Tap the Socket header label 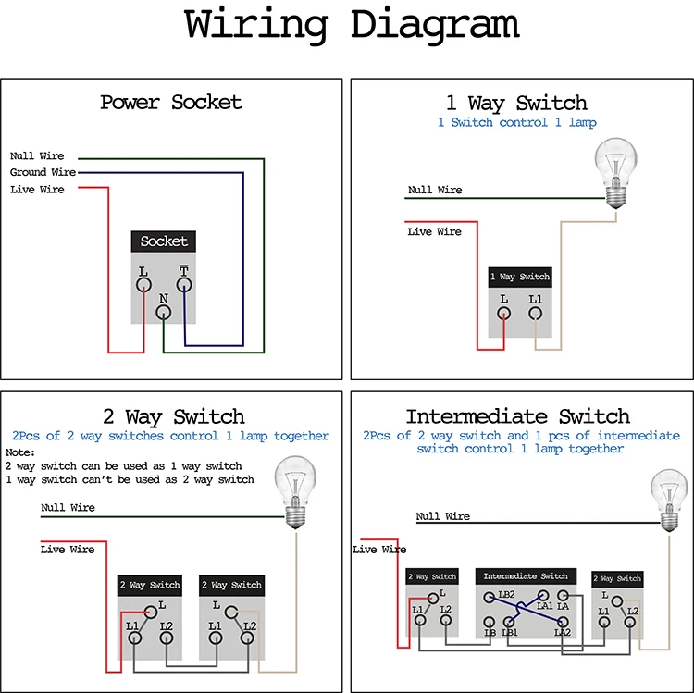164,241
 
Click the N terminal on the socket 163,313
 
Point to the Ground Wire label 43,172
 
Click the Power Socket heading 171,102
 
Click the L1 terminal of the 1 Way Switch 535,313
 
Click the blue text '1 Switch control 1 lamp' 516,123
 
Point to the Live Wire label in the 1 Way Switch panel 434,231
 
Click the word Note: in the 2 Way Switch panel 19,452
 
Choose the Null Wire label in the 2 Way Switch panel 68,508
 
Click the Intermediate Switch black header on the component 526,576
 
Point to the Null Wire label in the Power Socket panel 37,156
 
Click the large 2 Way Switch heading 173,416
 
